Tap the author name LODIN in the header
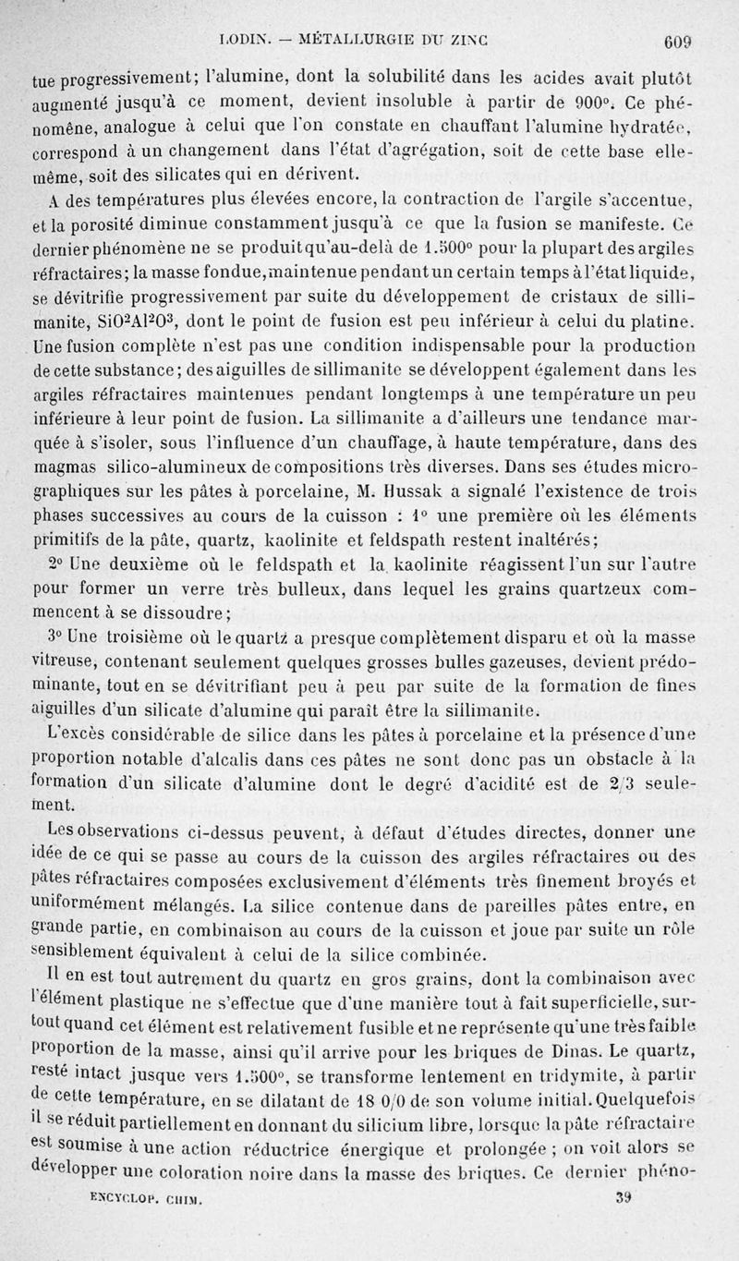pos(241,39)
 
